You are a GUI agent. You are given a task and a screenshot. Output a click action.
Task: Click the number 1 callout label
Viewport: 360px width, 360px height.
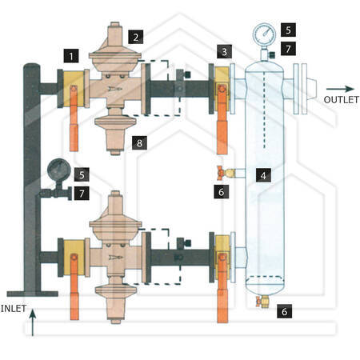click(x=71, y=56)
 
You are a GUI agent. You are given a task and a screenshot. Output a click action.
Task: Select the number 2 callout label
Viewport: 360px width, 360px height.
click(x=136, y=37)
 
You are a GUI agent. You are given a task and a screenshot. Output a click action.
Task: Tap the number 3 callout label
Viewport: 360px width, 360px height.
click(x=224, y=51)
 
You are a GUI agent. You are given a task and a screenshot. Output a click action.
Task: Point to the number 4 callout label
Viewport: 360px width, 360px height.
click(x=263, y=175)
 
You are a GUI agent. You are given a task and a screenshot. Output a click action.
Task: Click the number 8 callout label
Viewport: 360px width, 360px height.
click(x=139, y=142)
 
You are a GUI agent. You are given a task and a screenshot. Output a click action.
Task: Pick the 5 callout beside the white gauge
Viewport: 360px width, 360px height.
click(x=288, y=30)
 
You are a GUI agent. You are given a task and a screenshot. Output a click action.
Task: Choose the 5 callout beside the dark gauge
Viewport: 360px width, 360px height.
click(x=82, y=174)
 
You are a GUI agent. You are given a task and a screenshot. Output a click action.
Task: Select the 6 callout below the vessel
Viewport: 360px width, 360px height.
click(x=284, y=311)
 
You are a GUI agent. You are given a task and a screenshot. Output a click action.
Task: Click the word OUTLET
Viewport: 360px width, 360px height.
click(x=341, y=100)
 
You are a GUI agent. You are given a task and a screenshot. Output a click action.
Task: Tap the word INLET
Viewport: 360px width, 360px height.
click(x=14, y=309)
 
